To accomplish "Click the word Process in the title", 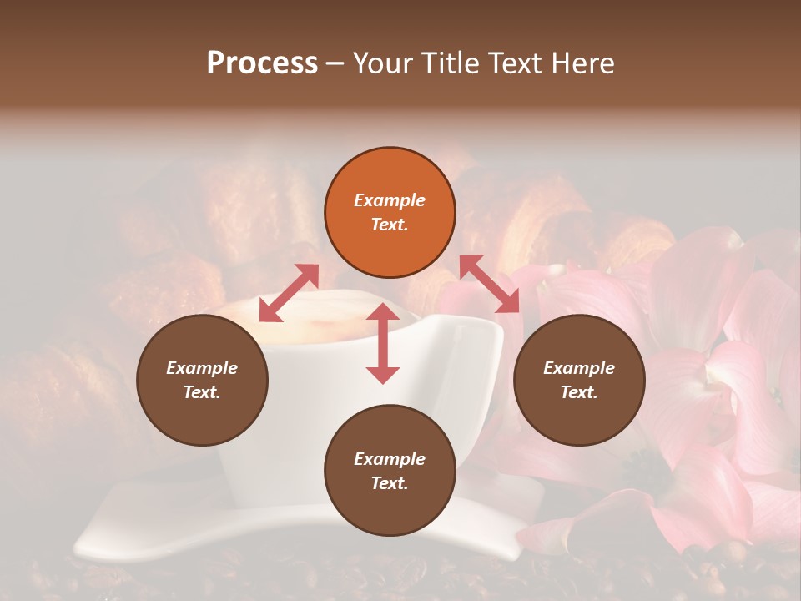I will click(262, 63).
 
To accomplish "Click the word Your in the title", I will click(383, 63).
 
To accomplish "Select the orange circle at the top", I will click(390, 212).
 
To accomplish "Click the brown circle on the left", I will click(202, 380).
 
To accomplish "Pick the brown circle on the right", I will click(579, 380).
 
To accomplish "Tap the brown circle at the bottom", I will click(390, 471).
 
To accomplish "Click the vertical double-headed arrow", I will click(383, 343).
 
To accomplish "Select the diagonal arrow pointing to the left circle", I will click(290, 293).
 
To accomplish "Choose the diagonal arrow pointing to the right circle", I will click(491, 285).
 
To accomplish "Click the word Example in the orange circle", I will click(390, 200).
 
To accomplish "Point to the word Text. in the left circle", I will click(202, 392).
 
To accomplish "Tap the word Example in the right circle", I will click(579, 368).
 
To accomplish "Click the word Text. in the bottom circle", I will click(390, 483).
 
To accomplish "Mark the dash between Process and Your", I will click(335, 64).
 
